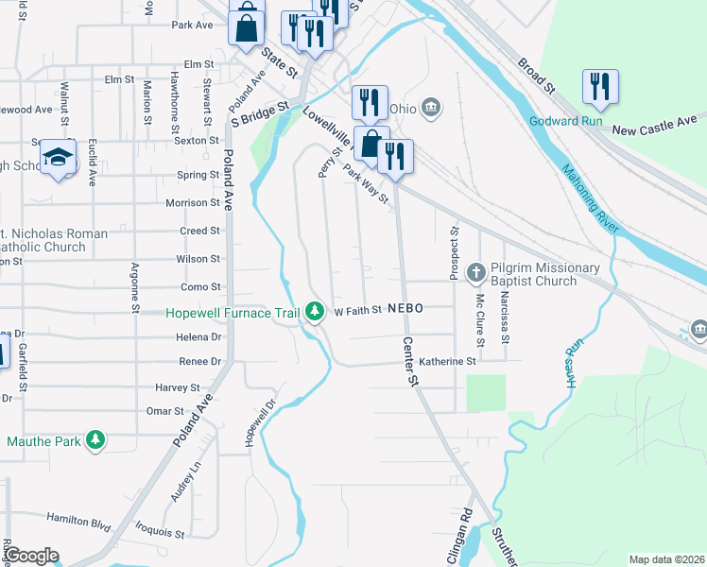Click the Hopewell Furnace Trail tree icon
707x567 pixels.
coord(314,313)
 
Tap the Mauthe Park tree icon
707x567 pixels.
coord(95,440)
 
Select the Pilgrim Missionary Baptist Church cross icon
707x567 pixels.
coord(475,273)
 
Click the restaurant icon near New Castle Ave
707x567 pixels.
coord(599,87)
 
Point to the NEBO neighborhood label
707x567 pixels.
coord(404,309)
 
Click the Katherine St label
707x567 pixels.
coord(447,361)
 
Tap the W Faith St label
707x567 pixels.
coord(357,310)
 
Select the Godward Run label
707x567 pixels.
coord(567,122)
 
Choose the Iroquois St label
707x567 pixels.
coord(158,533)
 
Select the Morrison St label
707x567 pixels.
coord(192,203)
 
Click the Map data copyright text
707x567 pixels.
coord(665,559)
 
